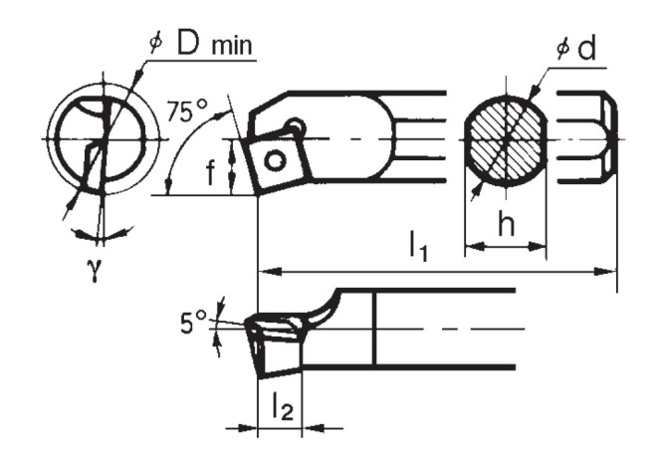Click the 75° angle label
185,112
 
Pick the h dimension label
506,227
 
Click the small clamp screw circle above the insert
296,126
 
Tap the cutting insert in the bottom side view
274,343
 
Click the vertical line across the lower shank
373,329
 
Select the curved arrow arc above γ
103,235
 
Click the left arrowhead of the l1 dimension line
265,270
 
